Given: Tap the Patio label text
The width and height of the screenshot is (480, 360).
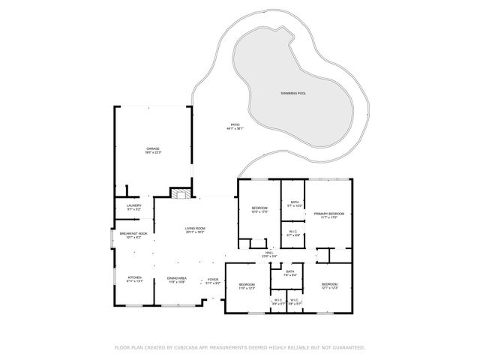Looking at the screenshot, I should [x=235, y=127].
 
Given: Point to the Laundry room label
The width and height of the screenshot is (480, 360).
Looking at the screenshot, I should [x=134, y=207].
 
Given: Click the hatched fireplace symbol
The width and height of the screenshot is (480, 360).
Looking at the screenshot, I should [x=178, y=193].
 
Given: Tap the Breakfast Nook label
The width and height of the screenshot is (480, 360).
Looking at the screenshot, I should [x=133, y=235].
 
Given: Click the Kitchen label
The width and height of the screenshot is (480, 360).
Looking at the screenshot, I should [x=134, y=279].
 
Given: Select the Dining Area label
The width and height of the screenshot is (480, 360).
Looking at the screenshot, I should [x=176, y=279].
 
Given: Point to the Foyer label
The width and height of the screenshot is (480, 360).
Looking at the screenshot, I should [x=213, y=281].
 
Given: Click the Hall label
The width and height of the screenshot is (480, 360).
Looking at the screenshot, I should [x=269, y=254].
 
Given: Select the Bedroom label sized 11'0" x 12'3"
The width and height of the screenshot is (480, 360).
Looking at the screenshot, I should [x=247, y=286].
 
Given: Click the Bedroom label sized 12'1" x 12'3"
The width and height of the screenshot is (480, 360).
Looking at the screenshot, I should [x=330, y=286].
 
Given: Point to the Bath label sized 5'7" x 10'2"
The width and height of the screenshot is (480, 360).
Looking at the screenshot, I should [x=295, y=203].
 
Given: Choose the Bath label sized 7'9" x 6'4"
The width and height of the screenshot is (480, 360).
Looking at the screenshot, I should [x=289, y=273].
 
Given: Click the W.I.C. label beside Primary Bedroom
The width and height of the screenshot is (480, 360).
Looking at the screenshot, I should [x=294, y=232].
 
